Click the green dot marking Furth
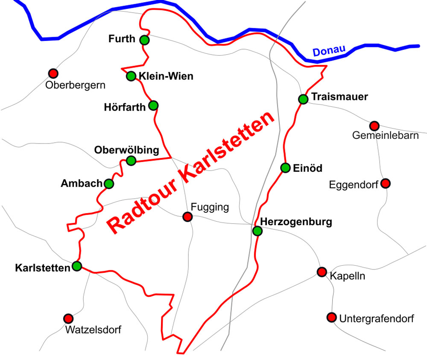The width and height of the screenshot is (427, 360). (x=144, y=40)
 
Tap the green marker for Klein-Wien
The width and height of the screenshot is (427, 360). (x=131, y=76)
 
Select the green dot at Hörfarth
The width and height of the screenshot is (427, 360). (x=153, y=105)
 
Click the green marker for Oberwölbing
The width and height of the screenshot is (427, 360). (x=131, y=161)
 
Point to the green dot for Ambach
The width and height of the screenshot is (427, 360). (x=109, y=184)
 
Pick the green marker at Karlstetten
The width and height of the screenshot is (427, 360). (x=77, y=266)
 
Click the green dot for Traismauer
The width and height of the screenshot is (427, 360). (x=303, y=99)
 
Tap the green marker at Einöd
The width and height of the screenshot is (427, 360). (x=285, y=168)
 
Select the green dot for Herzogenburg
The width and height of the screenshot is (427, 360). (x=257, y=231)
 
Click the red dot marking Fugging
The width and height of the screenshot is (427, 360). (x=187, y=217)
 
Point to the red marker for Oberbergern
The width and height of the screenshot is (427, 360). (x=53, y=73)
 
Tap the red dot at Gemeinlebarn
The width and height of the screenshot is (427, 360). (x=374, y=126)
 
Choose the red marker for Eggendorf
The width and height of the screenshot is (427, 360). (x=385, y=184)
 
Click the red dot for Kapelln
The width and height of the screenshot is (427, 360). (x=322, y=272)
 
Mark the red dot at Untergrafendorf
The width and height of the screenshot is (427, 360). (x=331, y=317)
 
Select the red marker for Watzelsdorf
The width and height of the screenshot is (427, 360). (x=68, y=318)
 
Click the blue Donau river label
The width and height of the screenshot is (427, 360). (x=328, y=51)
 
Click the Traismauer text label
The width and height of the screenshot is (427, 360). (x=339, y=97)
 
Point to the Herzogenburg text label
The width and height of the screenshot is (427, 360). (x=295, y=222)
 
